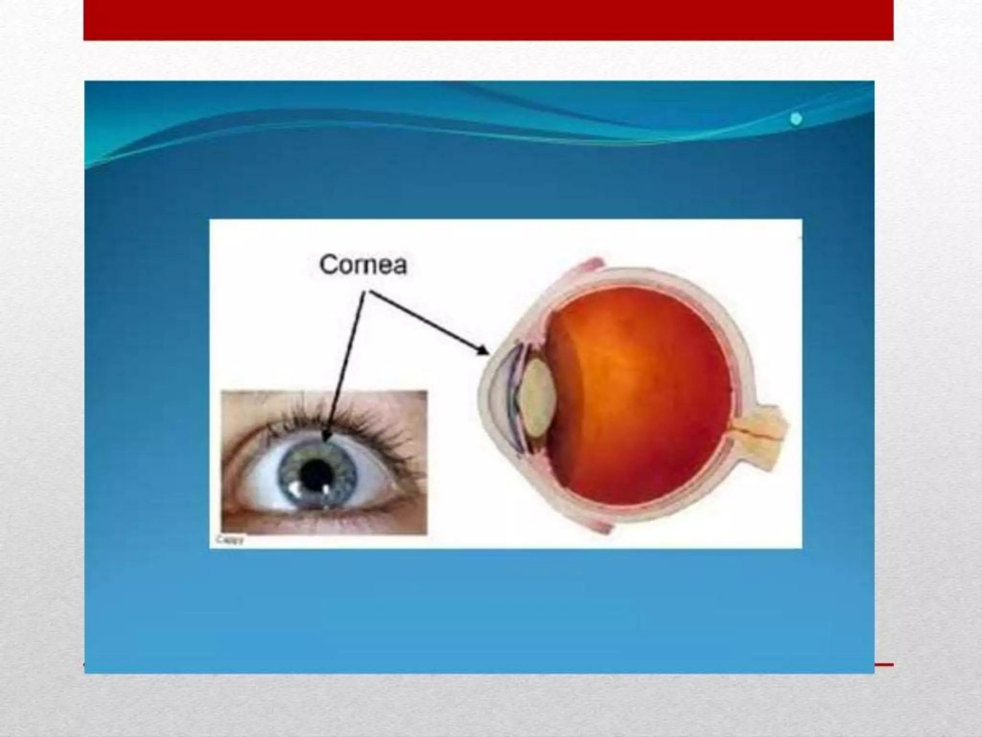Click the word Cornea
363,264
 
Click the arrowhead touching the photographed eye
327,437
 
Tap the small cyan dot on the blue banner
796,119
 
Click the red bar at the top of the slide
488,19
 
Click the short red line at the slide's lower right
884,665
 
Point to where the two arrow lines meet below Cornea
367,292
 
